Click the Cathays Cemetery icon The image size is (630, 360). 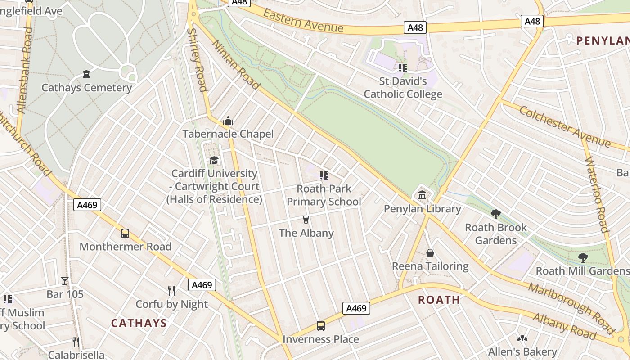point(86,74)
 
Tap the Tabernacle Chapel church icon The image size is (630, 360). point(228,121)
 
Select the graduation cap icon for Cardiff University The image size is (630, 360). point(214,161)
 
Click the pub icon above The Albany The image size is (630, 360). point(306,220)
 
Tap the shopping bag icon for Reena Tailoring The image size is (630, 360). point(430,253)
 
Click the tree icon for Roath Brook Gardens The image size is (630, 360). point(496,214)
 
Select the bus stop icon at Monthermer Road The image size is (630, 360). point(125,234)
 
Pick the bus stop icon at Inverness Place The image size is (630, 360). point(321,326)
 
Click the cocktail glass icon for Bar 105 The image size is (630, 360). point(65,281)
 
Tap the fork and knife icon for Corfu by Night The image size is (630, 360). point(171,291)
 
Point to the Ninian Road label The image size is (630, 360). point(235,64)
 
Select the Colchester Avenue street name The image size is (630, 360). point(565,126)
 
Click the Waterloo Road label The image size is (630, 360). point(597,194)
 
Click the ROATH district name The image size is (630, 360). point(439,300)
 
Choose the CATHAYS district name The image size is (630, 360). point(139,323)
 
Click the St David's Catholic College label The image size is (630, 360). point(403,88)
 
